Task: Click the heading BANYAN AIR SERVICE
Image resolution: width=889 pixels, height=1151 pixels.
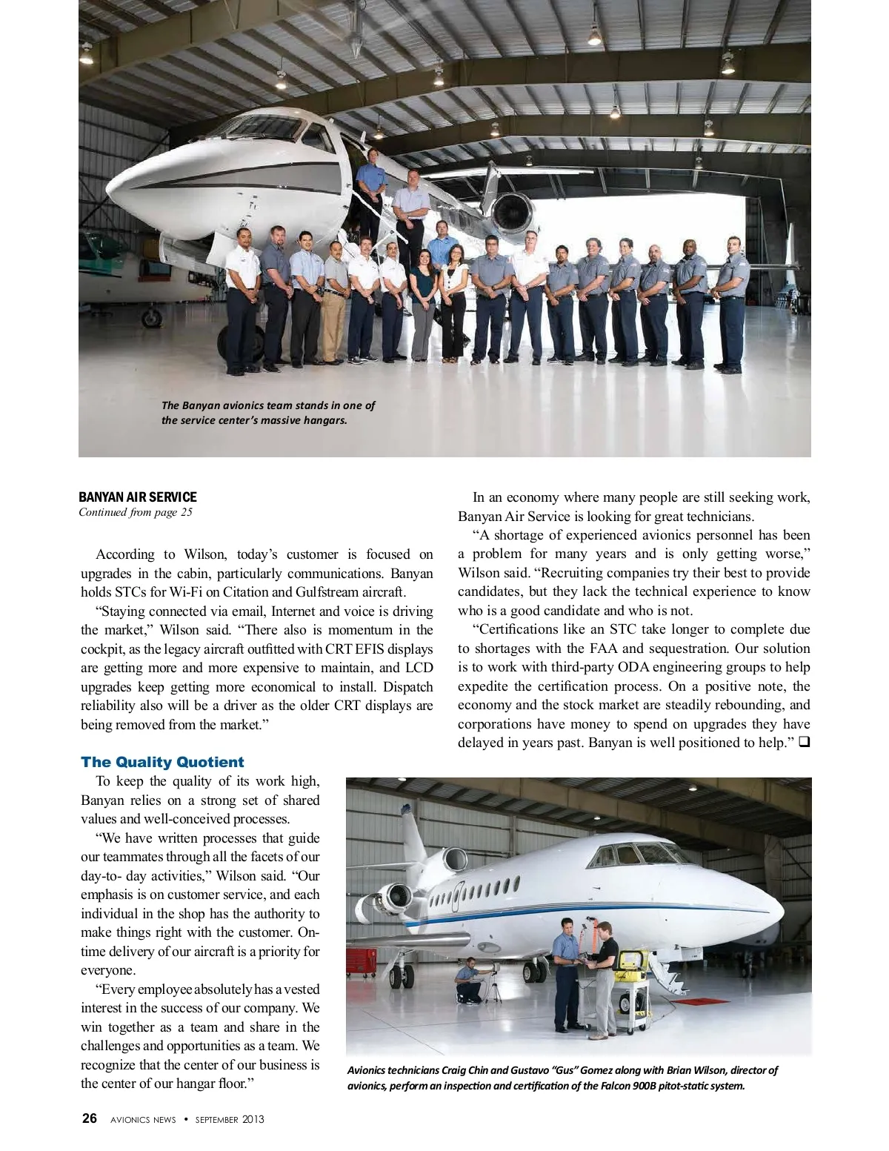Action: (x=139, y=497)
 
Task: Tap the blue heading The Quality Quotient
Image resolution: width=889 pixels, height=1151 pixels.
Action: (x=162, y=762)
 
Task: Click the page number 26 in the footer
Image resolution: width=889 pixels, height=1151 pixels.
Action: (x=90, y=1118)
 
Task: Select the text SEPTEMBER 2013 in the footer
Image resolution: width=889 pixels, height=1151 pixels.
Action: (x=230, y=1119)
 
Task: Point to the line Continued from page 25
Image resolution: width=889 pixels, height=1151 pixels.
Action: (x=136, y=512)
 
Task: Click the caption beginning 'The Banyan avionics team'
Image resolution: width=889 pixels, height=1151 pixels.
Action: (x=268, y=413)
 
